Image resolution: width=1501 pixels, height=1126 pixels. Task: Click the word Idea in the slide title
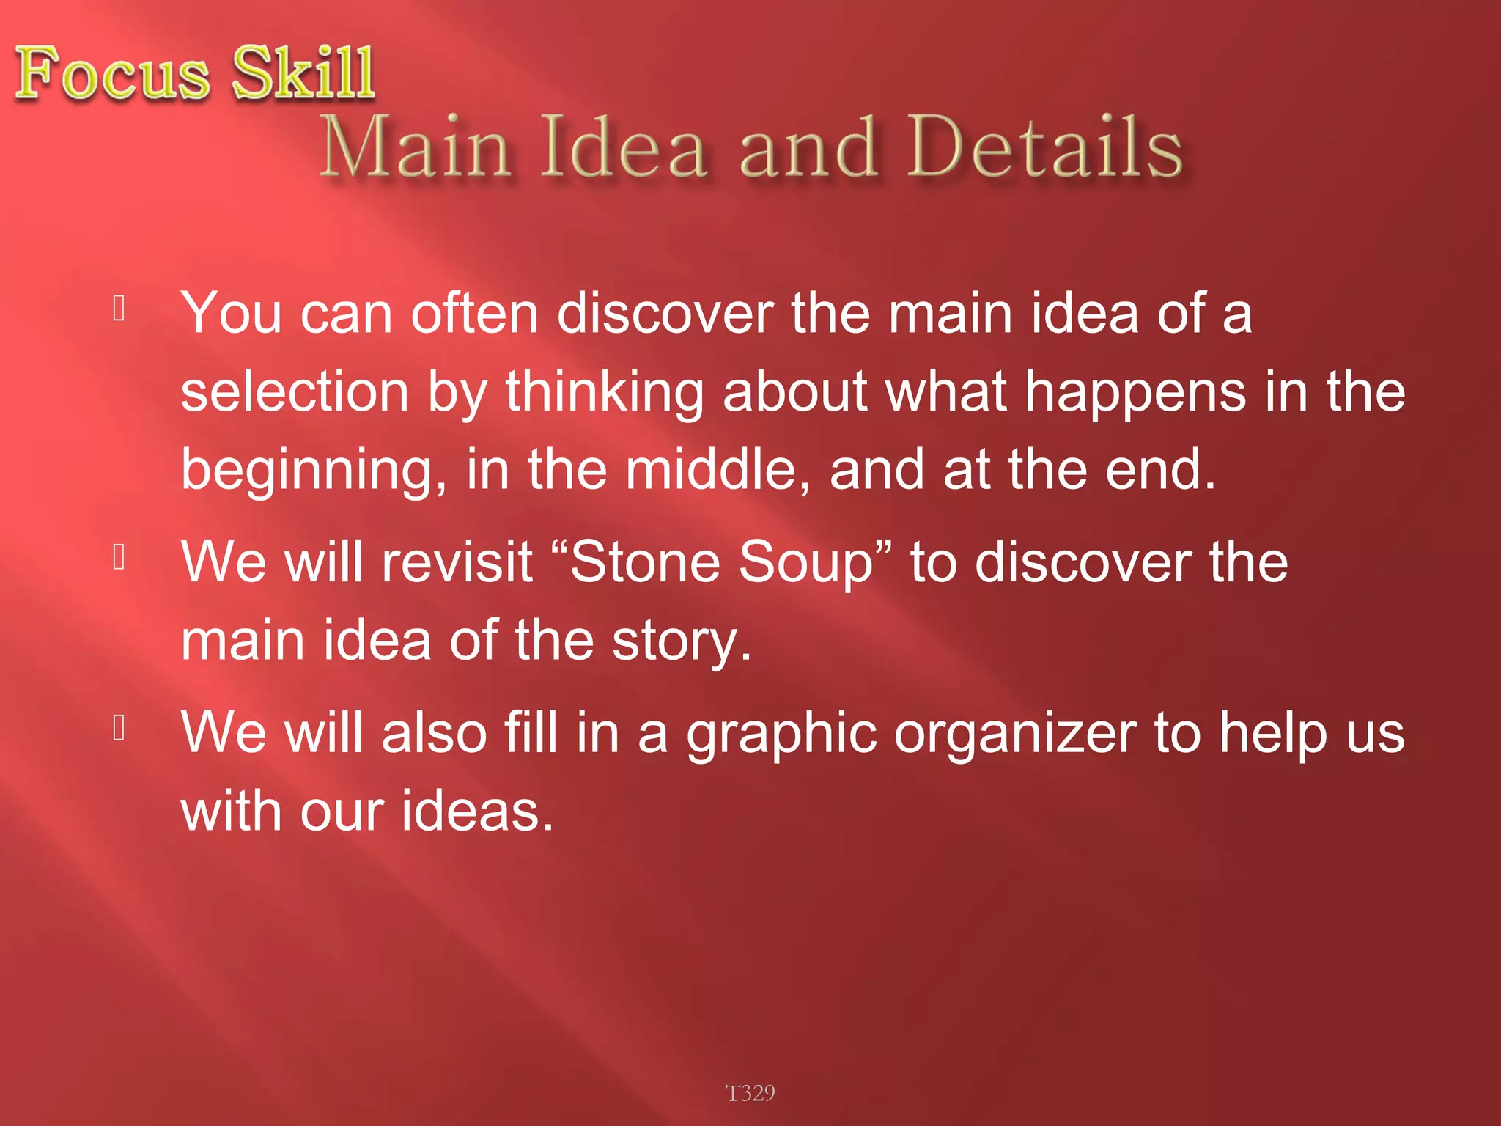tap(624, 148)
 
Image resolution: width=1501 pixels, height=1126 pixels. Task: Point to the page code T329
tap(750, 1093)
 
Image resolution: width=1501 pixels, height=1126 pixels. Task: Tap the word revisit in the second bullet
tap(457, 562)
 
